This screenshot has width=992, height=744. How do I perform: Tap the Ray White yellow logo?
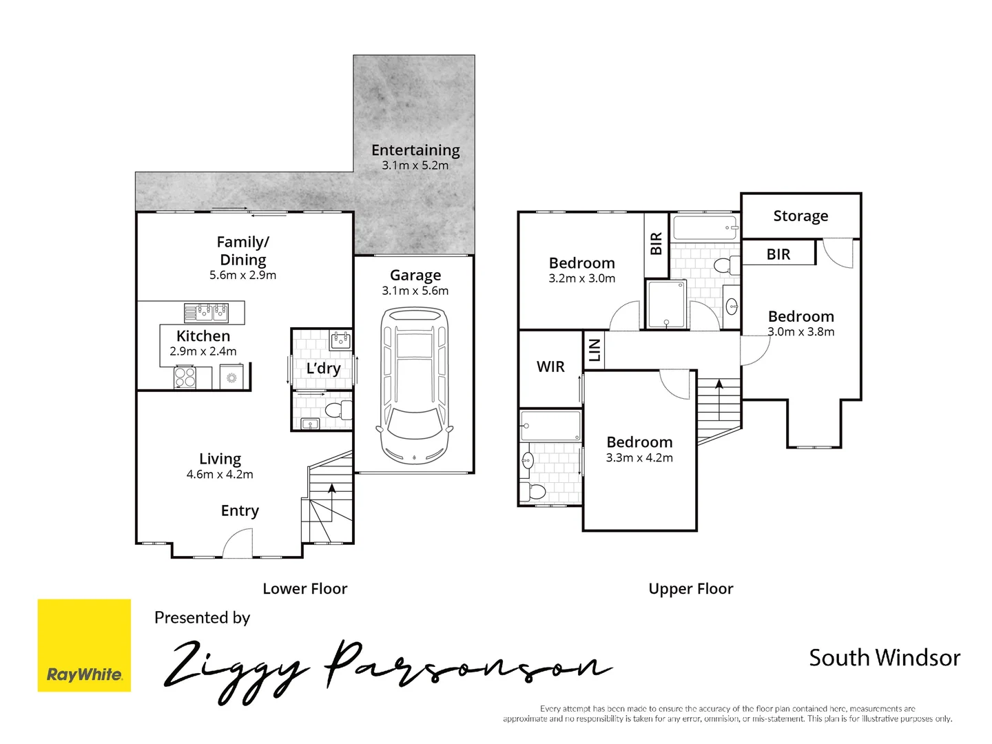84,645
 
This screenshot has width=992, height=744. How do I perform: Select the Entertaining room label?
415,150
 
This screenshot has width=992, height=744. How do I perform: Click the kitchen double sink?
206,312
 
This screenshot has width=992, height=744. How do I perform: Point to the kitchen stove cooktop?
185,378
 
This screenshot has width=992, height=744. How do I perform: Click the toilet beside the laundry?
335,411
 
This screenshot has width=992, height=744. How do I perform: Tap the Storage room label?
800,216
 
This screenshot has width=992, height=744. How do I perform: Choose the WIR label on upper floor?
550,367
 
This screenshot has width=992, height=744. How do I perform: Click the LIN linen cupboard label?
595,351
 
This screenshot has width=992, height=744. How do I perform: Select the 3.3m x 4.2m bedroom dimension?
639,458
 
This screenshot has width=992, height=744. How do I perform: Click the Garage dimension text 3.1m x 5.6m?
415,291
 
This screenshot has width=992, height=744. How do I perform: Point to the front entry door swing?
238,543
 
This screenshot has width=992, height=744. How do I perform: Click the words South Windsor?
885,658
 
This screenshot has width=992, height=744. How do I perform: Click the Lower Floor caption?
305,589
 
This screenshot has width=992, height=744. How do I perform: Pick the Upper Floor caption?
691,589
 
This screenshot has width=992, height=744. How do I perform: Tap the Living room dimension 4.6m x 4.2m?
220,475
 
